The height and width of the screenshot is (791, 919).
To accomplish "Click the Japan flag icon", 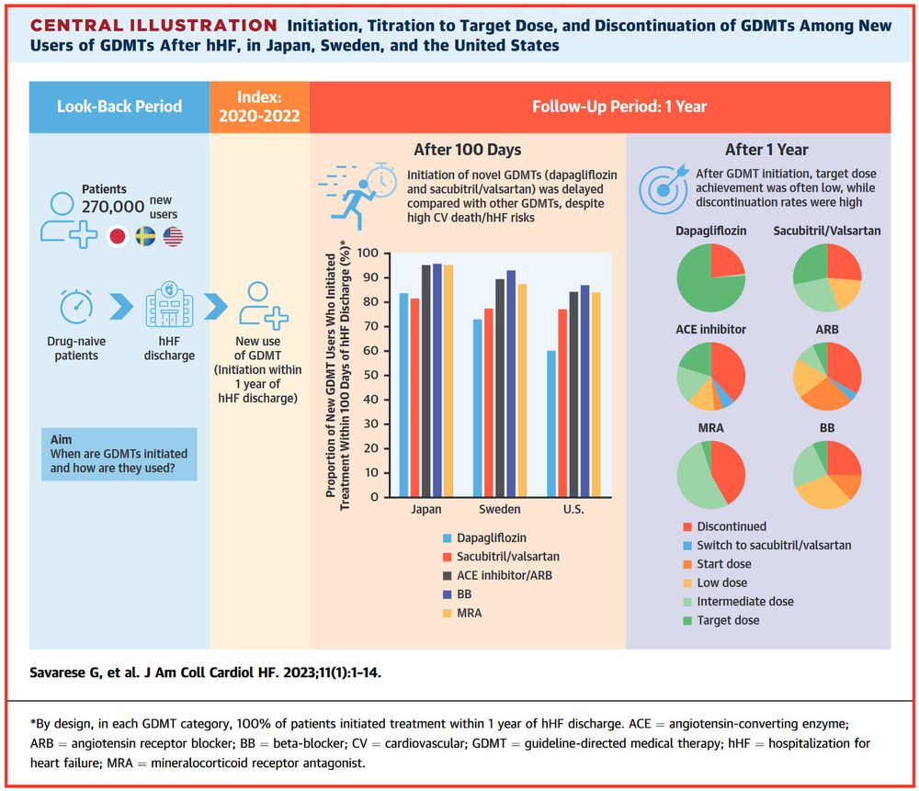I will point(118,236).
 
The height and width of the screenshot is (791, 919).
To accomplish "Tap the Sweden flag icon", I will point(145,236).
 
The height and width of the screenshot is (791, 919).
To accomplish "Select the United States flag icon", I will point(173,236).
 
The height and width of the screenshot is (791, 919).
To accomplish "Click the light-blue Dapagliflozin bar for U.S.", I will point(550,424).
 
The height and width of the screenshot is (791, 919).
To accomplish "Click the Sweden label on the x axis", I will point(498,510).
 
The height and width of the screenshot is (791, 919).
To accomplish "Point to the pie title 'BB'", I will point(826,427).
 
